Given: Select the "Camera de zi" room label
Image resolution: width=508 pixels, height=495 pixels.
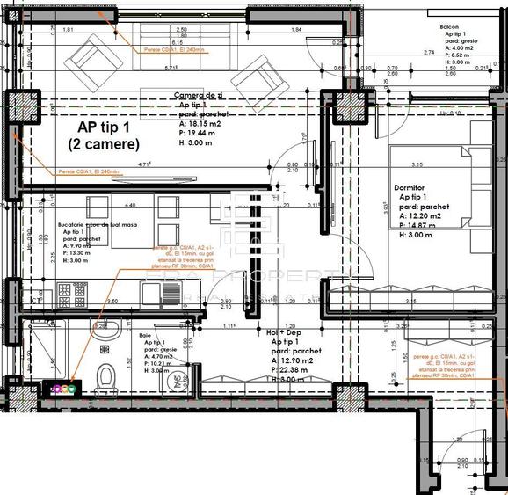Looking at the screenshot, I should pyautogui.click(x=200, y=95).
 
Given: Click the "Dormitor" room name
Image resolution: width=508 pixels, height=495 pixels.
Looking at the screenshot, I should pyautogui.click(x=410, y=187).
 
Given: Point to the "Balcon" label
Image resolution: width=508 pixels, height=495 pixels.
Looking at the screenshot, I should pyautogui.click(x=451, y=28).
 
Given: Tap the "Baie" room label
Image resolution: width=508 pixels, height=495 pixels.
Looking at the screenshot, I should pyautogui.click(x=147, y=336).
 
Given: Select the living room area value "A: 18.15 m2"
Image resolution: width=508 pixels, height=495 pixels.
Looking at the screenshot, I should pyautogui.click(x=204, y=124).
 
